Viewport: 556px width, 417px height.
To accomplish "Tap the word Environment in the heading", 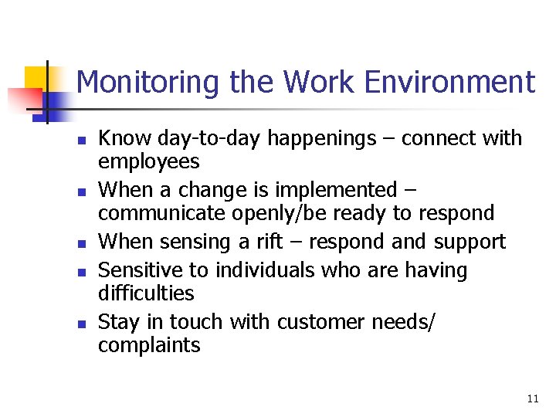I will (x=452, y=82).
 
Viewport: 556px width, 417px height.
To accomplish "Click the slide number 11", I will (x=532, y=398).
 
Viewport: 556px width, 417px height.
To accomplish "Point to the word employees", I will (x=148, y=162).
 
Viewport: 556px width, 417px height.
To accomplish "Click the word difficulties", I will (x=146, y=293).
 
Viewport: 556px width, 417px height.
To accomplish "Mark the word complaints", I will (x=149, y=345).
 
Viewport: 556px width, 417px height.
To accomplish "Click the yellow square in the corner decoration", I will (x=36, y=78).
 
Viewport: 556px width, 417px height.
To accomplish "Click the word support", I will (x=470, y=242).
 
